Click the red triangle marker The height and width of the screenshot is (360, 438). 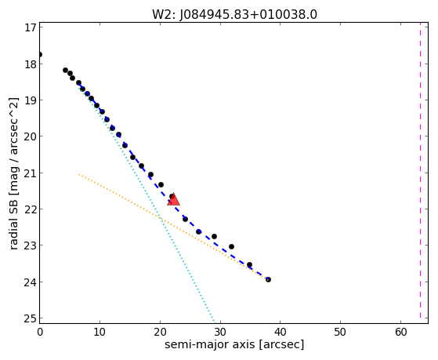click(173, 199)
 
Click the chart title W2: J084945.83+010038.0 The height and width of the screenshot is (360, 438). click(234, 14)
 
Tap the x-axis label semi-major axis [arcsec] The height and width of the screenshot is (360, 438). click(234, 344)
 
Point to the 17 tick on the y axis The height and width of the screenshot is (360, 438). click(31, 27)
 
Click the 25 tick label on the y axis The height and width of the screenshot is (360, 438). click(31, 318)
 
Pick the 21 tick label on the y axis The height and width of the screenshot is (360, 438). click(31, 173)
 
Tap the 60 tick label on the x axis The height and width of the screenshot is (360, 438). click(401, 332)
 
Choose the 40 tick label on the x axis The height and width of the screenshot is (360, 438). click(281, 332)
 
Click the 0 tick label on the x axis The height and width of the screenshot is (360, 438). click(40, 332)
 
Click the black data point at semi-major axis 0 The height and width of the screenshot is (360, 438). click(40, 54)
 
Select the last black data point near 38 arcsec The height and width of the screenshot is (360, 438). click(268, 279)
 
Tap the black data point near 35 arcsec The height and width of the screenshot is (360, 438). click(249, 264)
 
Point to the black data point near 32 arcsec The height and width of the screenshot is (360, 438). click(231, 246)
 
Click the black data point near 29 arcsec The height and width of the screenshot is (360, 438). click(214, 236)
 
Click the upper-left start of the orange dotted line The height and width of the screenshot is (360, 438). click(79, 174)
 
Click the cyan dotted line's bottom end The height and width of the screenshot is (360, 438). click(214, 322)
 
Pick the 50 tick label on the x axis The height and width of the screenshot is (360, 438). click(341, 332)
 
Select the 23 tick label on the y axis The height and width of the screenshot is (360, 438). click(31, 245)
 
